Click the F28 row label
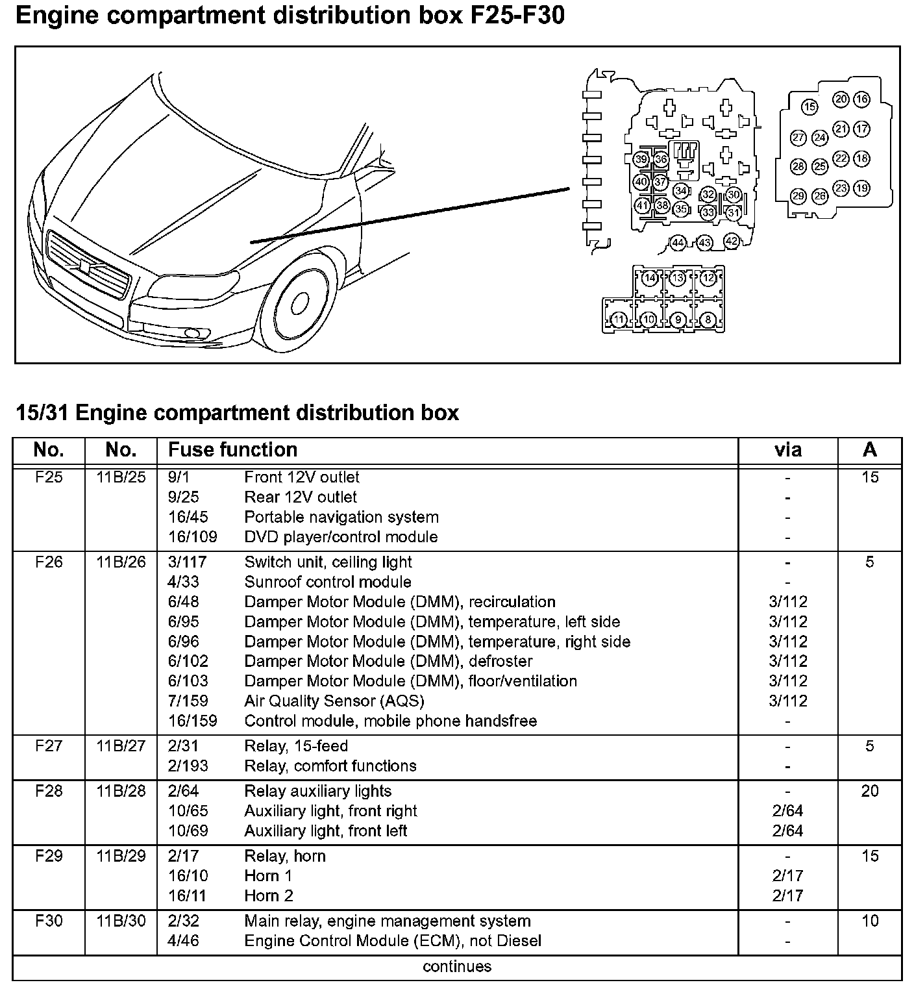(x=49, y=791)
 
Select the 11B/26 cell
(x=121, y=562)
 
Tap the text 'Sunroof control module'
(x=327, y=582)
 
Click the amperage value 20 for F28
(x=869, y=791)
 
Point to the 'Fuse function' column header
(x=232, y=450)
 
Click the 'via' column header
(x=787, y=450)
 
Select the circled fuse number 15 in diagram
(x=809, y=106)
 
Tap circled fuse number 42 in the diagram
(x=731, y=241)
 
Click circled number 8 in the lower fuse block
(x=708, y=319)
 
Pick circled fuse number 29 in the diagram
(x=798, y=196)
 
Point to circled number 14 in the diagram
(x=650, y=278)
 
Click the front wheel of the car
(x=299, y=304)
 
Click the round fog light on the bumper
(x=193, y=334)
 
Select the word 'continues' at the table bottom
(x=457, y=967)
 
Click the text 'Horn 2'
(x=269, y=896)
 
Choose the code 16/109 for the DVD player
(x=192, y=537)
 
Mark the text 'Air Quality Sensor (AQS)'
(x=334, y=701)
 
